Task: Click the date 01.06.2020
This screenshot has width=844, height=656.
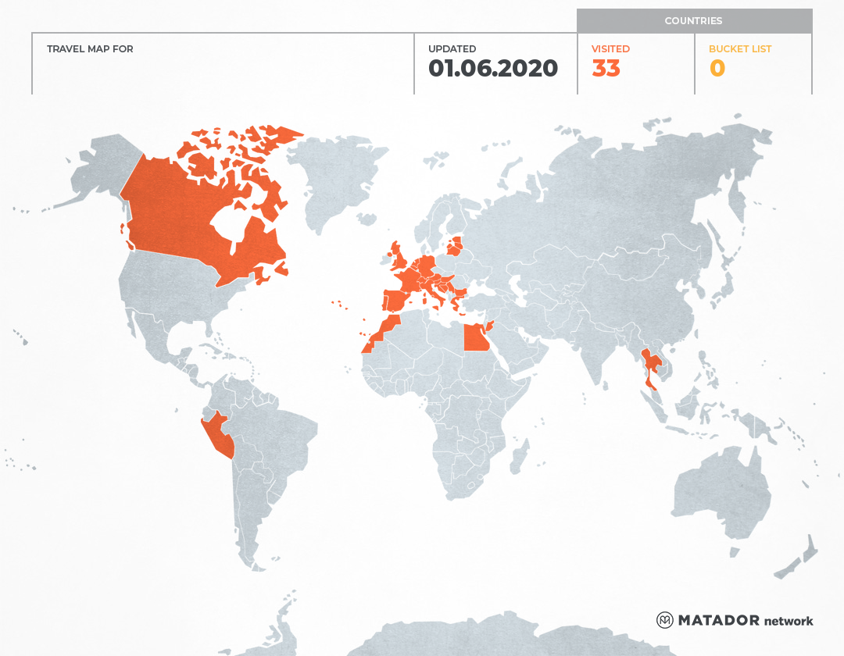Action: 493,69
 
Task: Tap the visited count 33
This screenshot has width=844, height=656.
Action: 606,69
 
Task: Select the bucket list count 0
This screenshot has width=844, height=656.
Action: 717,69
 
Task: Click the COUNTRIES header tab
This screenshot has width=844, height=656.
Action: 693,21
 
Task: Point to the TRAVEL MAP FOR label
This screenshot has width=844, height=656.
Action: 90,49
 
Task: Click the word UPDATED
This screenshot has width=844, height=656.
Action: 452,49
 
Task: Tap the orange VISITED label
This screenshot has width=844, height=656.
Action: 610,49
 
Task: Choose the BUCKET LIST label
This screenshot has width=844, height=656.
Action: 739,49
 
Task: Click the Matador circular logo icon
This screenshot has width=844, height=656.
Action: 665,620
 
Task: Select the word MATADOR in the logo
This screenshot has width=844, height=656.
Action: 718,620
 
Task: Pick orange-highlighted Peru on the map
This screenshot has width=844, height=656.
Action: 216,433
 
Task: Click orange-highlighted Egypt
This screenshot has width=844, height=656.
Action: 476,338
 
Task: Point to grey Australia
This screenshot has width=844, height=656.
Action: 719,492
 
